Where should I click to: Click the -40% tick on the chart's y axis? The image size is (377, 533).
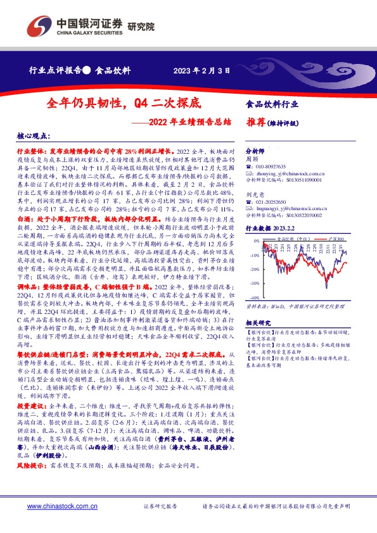(x=254, y=298)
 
